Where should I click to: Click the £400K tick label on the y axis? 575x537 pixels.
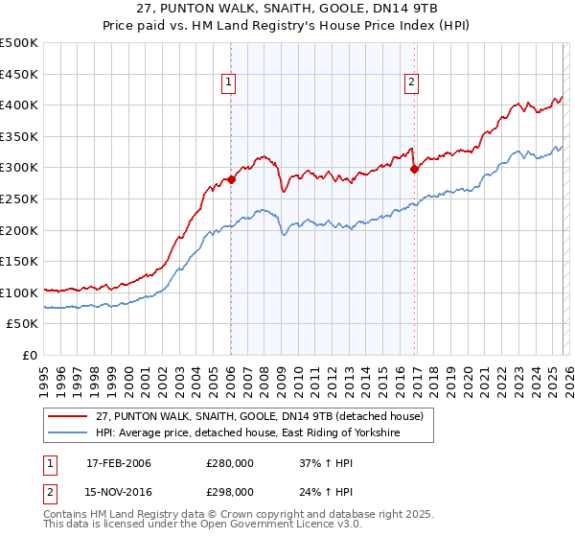point(19,105)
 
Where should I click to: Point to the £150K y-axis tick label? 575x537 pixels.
point(19,262)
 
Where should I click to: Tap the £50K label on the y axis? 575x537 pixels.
point(23,324)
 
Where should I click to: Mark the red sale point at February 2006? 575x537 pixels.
point(231,179)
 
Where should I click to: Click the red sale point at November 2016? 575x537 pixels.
point(414,169)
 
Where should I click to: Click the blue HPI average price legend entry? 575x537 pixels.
point(246,434)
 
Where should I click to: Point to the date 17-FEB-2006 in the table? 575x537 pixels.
point(119,464)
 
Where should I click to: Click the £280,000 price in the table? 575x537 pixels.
point(230,464)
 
